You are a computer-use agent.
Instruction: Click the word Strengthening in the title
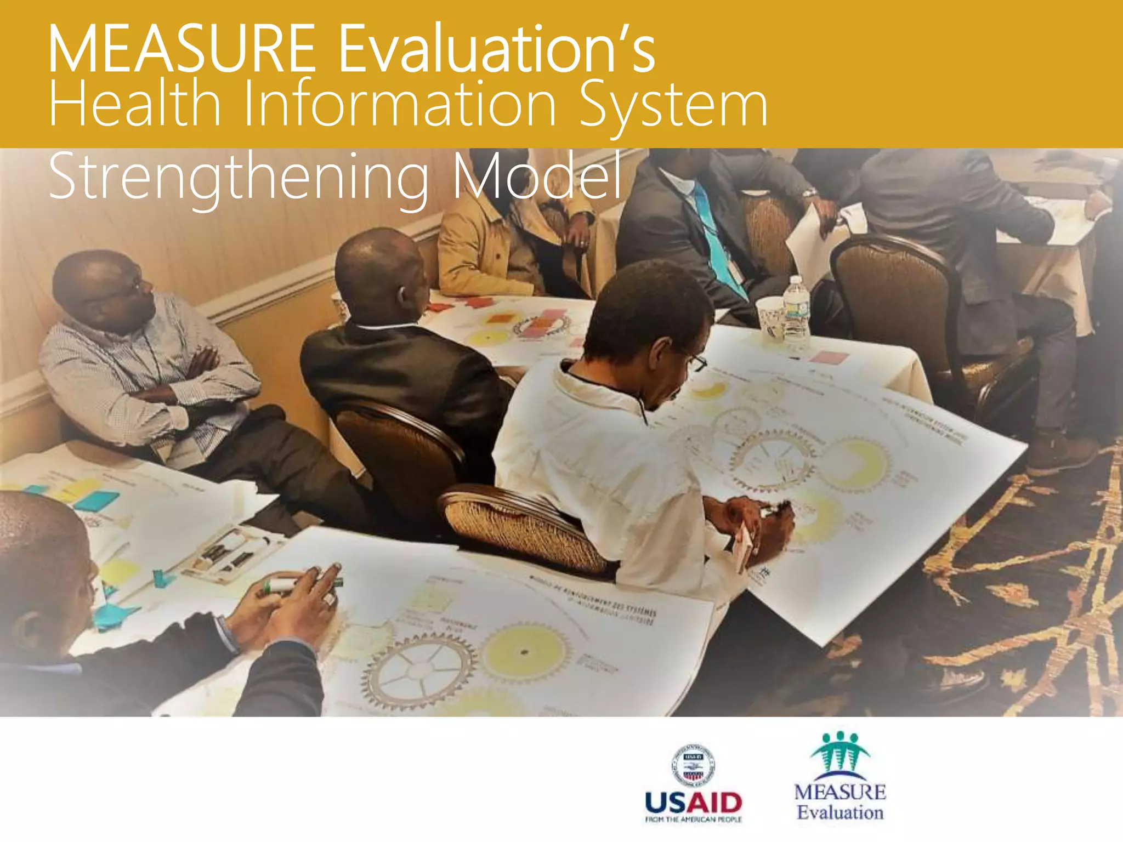pos(239,177)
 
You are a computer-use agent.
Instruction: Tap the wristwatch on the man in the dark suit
pos(810,194)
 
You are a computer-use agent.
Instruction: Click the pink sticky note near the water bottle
pos(829,358)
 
